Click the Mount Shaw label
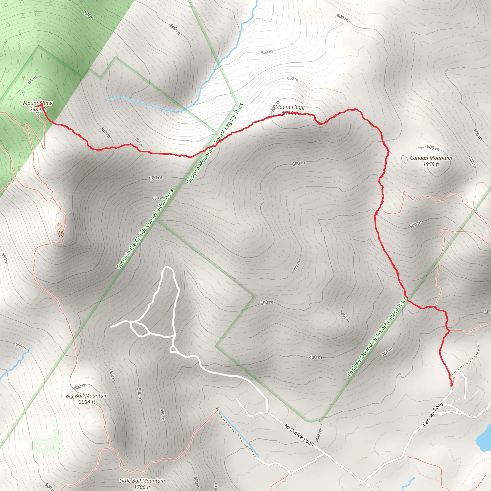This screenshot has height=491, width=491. (38, 103)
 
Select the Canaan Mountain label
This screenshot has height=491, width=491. (431, 158)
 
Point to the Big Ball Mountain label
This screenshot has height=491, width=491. (87, 396)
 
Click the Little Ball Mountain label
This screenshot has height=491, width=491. (142, 481)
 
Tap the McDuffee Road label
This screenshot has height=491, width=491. (299, 435)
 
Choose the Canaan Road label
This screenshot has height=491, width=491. (433, 414)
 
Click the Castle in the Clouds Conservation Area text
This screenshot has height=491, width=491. (145, 229)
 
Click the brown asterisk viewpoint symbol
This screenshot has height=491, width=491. (60, 234)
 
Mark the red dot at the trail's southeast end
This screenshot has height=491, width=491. (452, 385)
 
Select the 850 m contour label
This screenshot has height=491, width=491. (32, 80)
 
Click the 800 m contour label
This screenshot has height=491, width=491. (105, 132)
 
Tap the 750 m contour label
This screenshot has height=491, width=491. (139, 142)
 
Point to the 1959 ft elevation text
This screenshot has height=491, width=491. (431, 164)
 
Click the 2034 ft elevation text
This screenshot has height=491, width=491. (87, 402)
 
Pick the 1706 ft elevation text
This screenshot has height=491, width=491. (142, 487)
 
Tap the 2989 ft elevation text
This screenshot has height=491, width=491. (37, 110)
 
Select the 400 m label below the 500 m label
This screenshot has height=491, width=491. (316, 357)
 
